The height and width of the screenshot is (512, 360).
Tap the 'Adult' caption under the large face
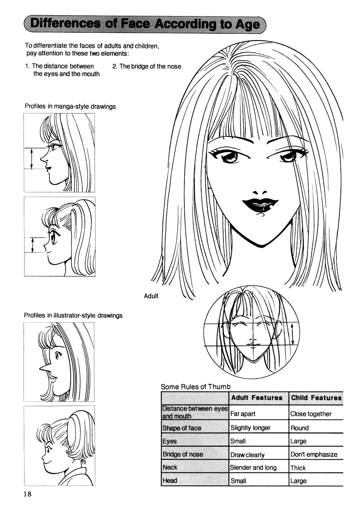(151, 296)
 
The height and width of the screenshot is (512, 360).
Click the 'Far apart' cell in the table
(242, 414)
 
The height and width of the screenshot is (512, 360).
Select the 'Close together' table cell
(311, 414)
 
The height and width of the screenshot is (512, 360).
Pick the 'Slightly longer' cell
(250, 428)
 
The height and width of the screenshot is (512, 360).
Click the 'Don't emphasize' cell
(314, 454)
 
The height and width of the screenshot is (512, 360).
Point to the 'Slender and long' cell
(253, 468)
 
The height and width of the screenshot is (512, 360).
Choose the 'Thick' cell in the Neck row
(298, 468)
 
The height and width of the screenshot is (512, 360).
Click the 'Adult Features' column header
(257, 398)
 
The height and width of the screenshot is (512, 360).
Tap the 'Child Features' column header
(316, 398)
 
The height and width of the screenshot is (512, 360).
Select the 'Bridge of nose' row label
(183, 454)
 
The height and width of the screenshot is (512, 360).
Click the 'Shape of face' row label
(182, 428)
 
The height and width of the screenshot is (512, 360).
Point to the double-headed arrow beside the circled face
(292, 334)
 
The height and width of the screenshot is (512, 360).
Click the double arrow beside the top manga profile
(32, 159)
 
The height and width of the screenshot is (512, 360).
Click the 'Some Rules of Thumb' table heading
(196, 387)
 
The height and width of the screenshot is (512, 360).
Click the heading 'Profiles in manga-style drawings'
(70, 106)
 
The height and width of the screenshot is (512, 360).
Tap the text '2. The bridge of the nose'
(147, 66)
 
